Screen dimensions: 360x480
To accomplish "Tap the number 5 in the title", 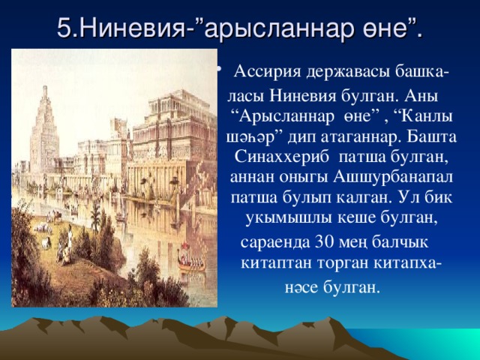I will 65,29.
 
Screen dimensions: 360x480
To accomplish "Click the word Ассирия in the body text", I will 265,72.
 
